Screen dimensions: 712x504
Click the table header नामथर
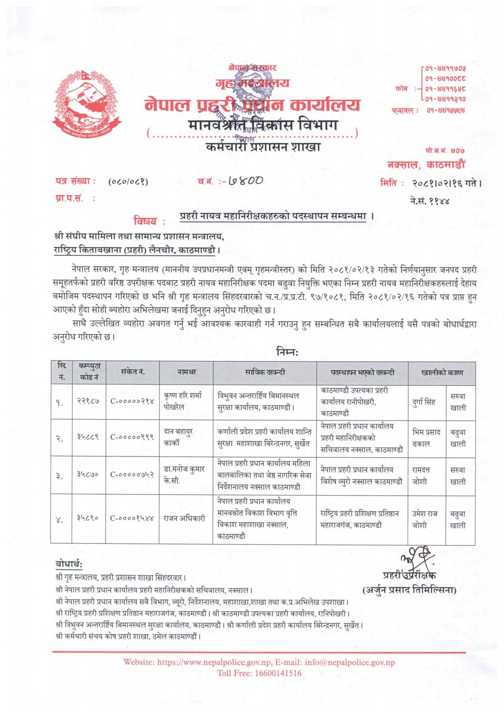click(x=186, y=372)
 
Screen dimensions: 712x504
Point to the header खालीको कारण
click(x=441, y=372)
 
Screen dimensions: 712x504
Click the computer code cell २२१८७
click(x=88, y=401)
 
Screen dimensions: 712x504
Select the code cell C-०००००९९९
click(x=132, y=437)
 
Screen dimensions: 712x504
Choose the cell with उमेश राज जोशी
click(x=424, y=519)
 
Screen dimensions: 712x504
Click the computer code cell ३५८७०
click(x=88, y=474)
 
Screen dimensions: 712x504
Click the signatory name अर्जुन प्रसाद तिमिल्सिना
click(x=410, y=590)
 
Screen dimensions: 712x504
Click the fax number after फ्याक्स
click(x=445, y=110)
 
